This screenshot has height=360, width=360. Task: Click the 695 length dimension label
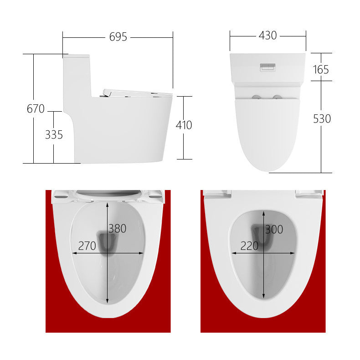pos(118,37)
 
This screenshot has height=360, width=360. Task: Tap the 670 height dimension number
pos(36,109)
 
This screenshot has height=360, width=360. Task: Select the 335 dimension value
pos(54,135)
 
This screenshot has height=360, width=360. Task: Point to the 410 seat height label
pos(184,125)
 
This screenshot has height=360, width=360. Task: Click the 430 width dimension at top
pos(267,36)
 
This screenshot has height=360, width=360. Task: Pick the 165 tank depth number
pos(321,69)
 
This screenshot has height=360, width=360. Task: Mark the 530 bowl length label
pos(322,118)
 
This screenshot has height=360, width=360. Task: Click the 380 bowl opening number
pos(117,229)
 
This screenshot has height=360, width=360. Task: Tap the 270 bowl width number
pos(87,246)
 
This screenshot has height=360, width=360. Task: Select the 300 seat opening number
pos(274,230)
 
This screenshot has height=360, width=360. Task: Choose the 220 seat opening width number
pos(249,246)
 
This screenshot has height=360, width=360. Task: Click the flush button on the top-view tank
pos(267,67)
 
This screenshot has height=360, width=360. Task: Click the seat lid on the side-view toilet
pos(137,93)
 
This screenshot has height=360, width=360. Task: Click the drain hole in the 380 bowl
pos(108,242)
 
